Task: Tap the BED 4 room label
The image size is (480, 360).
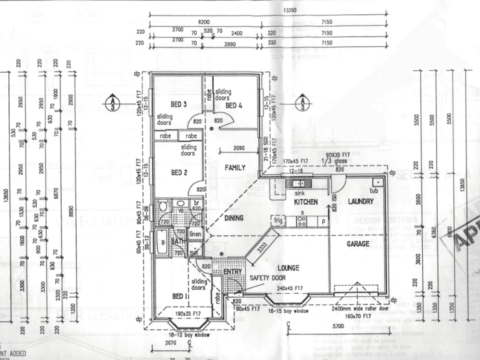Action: [234, 105]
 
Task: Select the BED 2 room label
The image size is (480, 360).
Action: [179, 172]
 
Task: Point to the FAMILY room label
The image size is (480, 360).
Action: [235, 168]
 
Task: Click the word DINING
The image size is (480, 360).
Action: [234, 218]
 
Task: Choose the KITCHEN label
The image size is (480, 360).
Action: [305, 202]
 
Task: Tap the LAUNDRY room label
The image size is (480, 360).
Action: [360, 202]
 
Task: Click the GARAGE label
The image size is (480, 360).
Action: [357, 244]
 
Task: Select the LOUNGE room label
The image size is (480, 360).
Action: [287, 267]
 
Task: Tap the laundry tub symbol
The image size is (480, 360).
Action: [375, 183]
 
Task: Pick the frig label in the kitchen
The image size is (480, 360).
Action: [277, 220]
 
